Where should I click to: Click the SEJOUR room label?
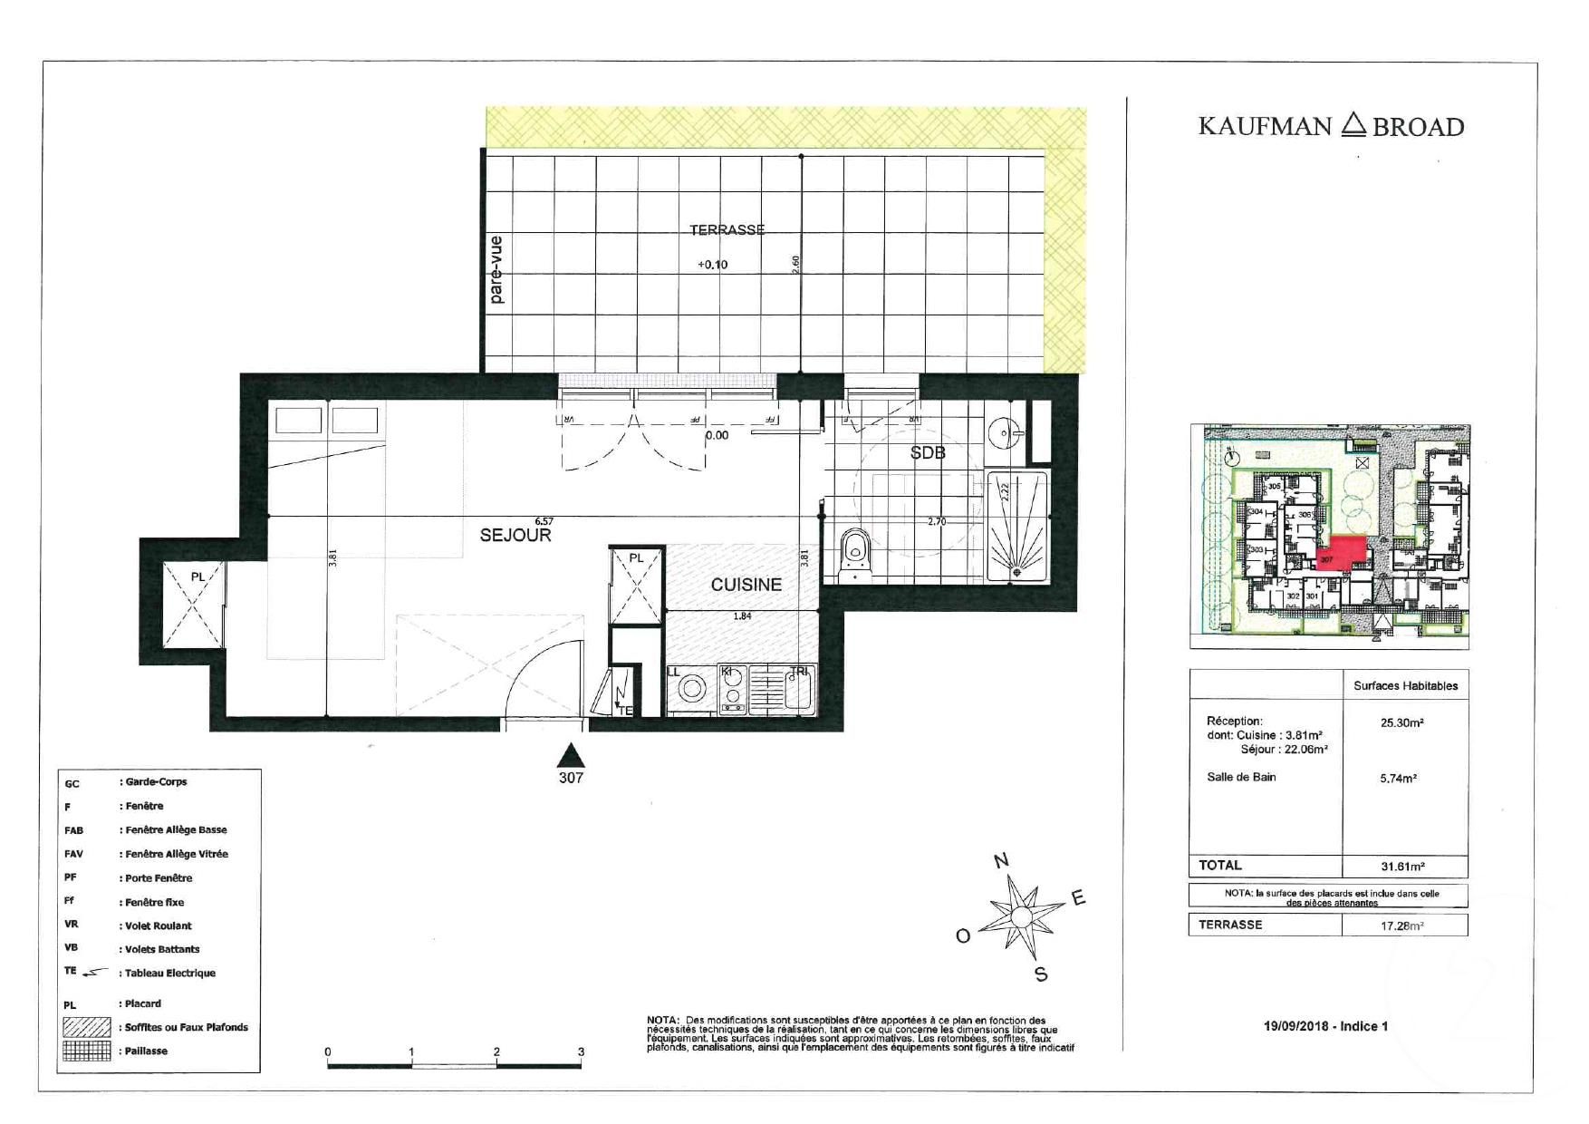point(515,536)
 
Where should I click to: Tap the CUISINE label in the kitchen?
point(746,586)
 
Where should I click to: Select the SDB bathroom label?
point(928,452)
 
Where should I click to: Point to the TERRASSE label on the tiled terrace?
point(727,230)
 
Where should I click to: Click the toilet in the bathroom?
point(853,553)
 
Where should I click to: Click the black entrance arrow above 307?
point(570,754)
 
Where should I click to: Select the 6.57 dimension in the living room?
point(544,521)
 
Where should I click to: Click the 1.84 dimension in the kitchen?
point(742,616)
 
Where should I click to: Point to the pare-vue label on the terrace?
point(496,269)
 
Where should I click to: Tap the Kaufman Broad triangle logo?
point(1353,124)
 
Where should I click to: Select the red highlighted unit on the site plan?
point(1342,553)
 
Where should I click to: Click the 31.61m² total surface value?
point(1401,867)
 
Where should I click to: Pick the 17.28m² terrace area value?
point(1401,926)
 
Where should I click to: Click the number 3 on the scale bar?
point(581,1052)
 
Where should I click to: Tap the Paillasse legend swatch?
point(87,1051)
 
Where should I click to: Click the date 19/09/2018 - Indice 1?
point(1325,1026)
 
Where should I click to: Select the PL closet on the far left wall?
point(194,603)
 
